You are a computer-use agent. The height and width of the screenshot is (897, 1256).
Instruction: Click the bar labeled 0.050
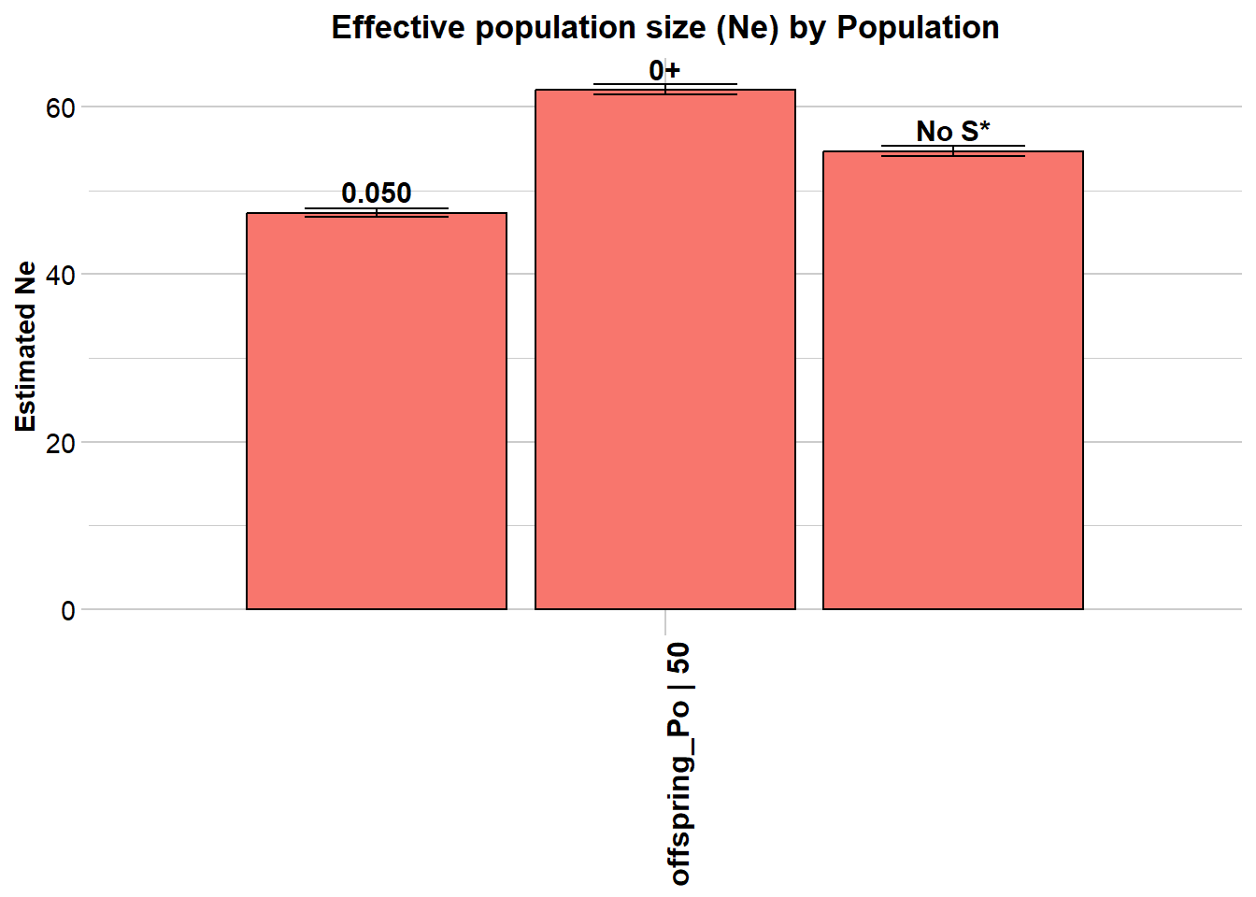[x=377, y=411]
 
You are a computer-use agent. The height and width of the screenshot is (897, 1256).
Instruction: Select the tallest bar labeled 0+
[x=664, y=349]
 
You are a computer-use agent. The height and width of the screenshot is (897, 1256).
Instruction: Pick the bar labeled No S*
[x=952, y=380]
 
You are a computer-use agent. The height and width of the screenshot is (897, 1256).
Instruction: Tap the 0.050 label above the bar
[x=377, y=192]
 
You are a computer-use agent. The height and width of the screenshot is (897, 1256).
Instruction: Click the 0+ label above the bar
[x=664, y=70]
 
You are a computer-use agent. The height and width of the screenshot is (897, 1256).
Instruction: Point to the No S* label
[x=952, y=131]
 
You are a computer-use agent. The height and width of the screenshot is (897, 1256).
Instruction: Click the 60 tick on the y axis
[x=61, y=107]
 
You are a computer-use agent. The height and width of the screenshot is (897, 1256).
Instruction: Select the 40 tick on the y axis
[x=61, y=275]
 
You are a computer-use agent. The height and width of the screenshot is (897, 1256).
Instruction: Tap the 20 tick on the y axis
[x=61, y=442]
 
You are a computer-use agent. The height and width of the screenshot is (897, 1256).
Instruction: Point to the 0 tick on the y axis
[x=68, y=610]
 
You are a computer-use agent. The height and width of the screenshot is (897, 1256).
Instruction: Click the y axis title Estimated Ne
[x=26, y=346]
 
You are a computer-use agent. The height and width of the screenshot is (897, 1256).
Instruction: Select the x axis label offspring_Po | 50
[x=680, y=762]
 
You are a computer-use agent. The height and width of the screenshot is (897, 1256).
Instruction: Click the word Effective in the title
[x=398, y=28]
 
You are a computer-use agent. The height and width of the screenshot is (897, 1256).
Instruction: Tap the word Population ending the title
[x=918, y=28]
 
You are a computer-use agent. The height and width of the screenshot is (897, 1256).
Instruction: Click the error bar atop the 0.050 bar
[x=377, y=212]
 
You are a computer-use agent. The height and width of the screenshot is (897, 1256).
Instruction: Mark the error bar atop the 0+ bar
[x=664, y=89]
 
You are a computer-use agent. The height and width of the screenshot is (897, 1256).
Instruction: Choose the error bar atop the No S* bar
[x=952, y=150]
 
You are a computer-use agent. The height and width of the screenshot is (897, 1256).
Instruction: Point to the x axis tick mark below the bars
[x=664, y=621]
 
